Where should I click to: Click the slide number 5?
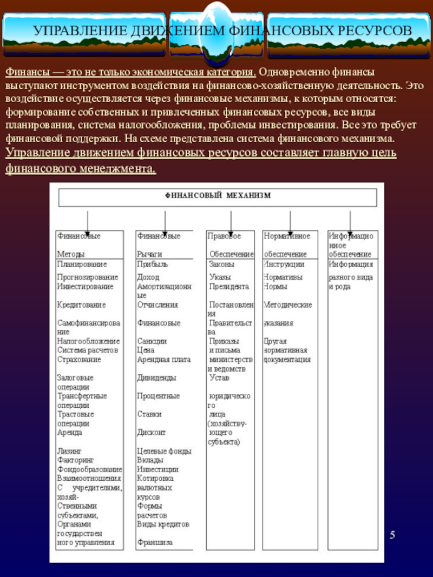[393, 535]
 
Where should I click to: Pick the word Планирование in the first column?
[82, 264]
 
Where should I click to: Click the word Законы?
[221, 264]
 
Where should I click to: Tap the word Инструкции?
[284, 264]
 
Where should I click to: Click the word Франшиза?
[155, 542]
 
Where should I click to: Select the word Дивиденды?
[156, 378]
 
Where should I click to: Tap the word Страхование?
[79, 360]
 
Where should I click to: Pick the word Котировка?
[155, 479]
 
